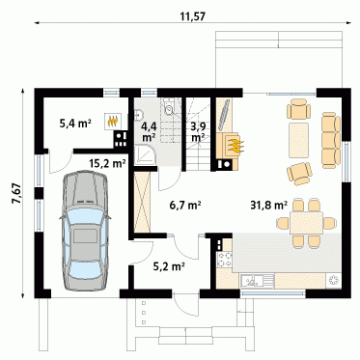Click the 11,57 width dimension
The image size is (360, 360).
tap(192, 16)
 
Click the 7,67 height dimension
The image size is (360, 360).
tap(16, 193)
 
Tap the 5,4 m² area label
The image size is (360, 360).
tap(75, 123)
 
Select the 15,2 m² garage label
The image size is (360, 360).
tap(107, 163)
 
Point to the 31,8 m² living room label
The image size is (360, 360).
tap(269, 205)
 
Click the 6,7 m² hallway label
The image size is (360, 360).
tap(185, 205)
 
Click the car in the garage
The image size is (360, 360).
tap(85, 232)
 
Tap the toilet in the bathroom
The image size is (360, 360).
tap(169, 106)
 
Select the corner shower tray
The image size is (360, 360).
tap(145, 155)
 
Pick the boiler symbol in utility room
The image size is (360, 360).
tap(113, 121)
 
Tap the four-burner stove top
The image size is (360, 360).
tap(225, 261)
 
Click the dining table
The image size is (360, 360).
tap(306, 223)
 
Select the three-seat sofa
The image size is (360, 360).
tap(331, 140)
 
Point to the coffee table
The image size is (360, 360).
tap(299, 140)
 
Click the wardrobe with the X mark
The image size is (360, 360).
tap(142, 202)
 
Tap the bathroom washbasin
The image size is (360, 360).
tap(138, 115)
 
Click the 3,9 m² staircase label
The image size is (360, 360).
tap(198, 131)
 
